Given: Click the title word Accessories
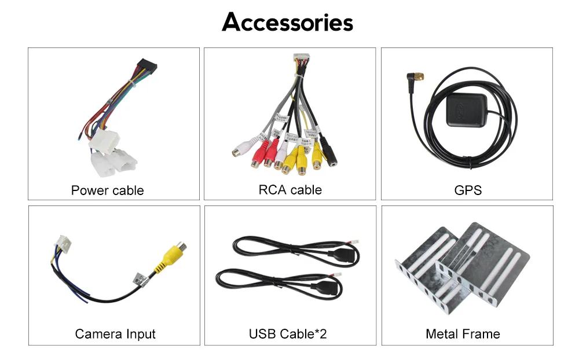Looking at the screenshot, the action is [x=288, y=23].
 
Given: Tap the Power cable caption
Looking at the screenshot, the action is [x=107, y=190].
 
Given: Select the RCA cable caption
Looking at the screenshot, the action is [x=289, y=190].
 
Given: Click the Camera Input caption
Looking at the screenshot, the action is [x=115, y=334].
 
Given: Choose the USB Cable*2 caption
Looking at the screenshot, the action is [x=288, y=334].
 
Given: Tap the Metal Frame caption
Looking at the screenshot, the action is [x=463, y=334].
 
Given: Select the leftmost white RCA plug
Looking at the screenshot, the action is [x=240, y=150].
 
